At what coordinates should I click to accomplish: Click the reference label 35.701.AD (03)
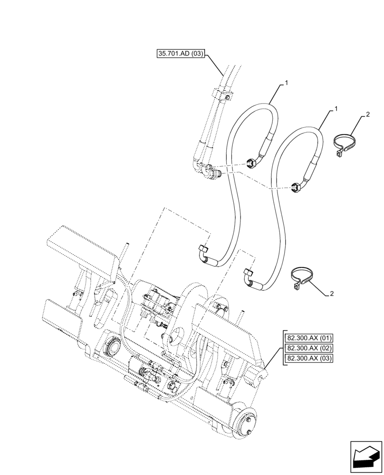(x=181, y=54)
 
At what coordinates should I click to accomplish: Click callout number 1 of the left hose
(x=287, y=83)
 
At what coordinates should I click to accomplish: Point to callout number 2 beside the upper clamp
(x=368, y=114)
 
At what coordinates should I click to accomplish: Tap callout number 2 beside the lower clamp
(x=332, y=294)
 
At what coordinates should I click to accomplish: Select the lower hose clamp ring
(x=301, y=279)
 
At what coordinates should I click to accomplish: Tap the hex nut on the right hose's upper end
(x=295, y=188)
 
